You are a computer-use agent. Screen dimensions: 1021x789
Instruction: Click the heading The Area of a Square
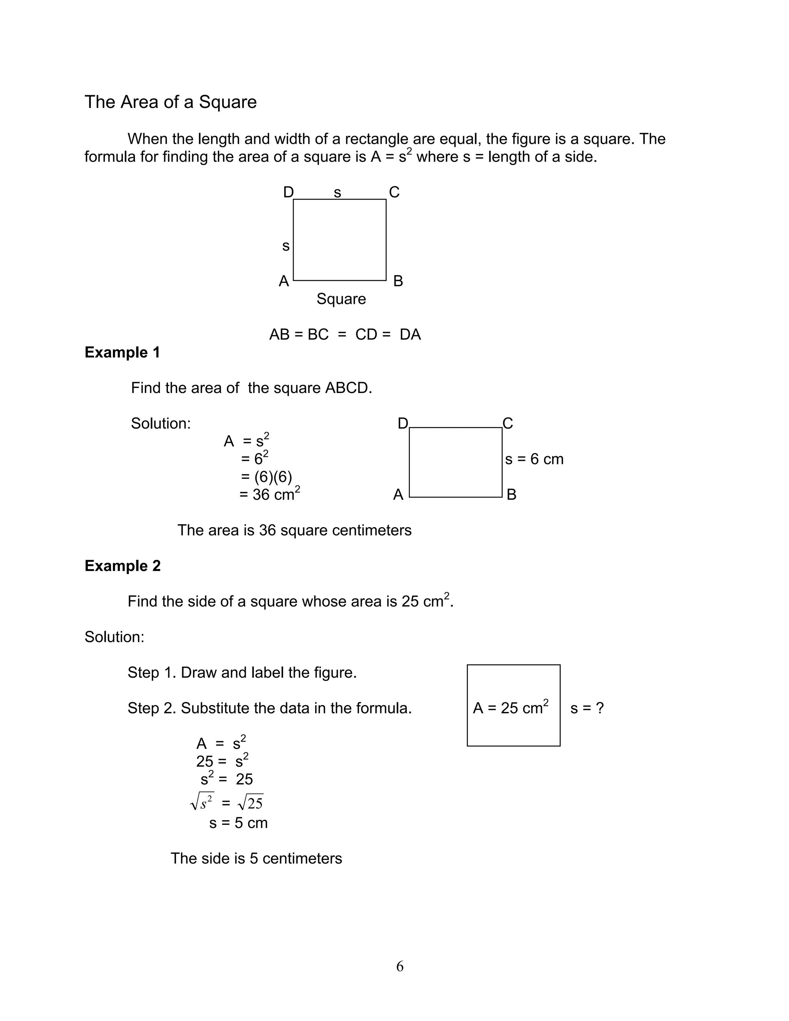click(x=170, y=102)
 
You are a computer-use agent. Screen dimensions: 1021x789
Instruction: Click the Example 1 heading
click(x=122, y=352)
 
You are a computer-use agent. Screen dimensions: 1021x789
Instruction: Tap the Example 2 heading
click(x=123, y=566)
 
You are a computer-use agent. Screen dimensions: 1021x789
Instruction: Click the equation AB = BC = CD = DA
click(x=345, y=334)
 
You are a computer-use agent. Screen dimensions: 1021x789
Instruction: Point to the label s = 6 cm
click(x=534, y=459)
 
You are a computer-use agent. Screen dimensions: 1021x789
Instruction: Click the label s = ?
click(x=587, y=708)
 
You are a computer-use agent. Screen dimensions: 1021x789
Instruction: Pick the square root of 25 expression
click(x=250, y=803)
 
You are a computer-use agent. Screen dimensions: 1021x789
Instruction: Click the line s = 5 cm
click(x=238, y=823)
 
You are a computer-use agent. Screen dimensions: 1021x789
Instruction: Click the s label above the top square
click(x=337, y=192)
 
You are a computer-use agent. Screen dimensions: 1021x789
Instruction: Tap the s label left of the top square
click(x=285, y=246)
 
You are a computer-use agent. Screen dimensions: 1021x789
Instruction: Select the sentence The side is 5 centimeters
click(x=256, y=858)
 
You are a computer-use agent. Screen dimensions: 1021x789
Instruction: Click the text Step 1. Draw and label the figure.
click(x=242, y=672)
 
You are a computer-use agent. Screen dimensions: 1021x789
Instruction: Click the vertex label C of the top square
click(x=394, y=192)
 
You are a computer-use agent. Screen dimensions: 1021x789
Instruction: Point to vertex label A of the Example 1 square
click(x=398, y=495)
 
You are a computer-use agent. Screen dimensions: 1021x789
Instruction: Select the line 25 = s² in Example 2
click(x=222, y=761)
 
